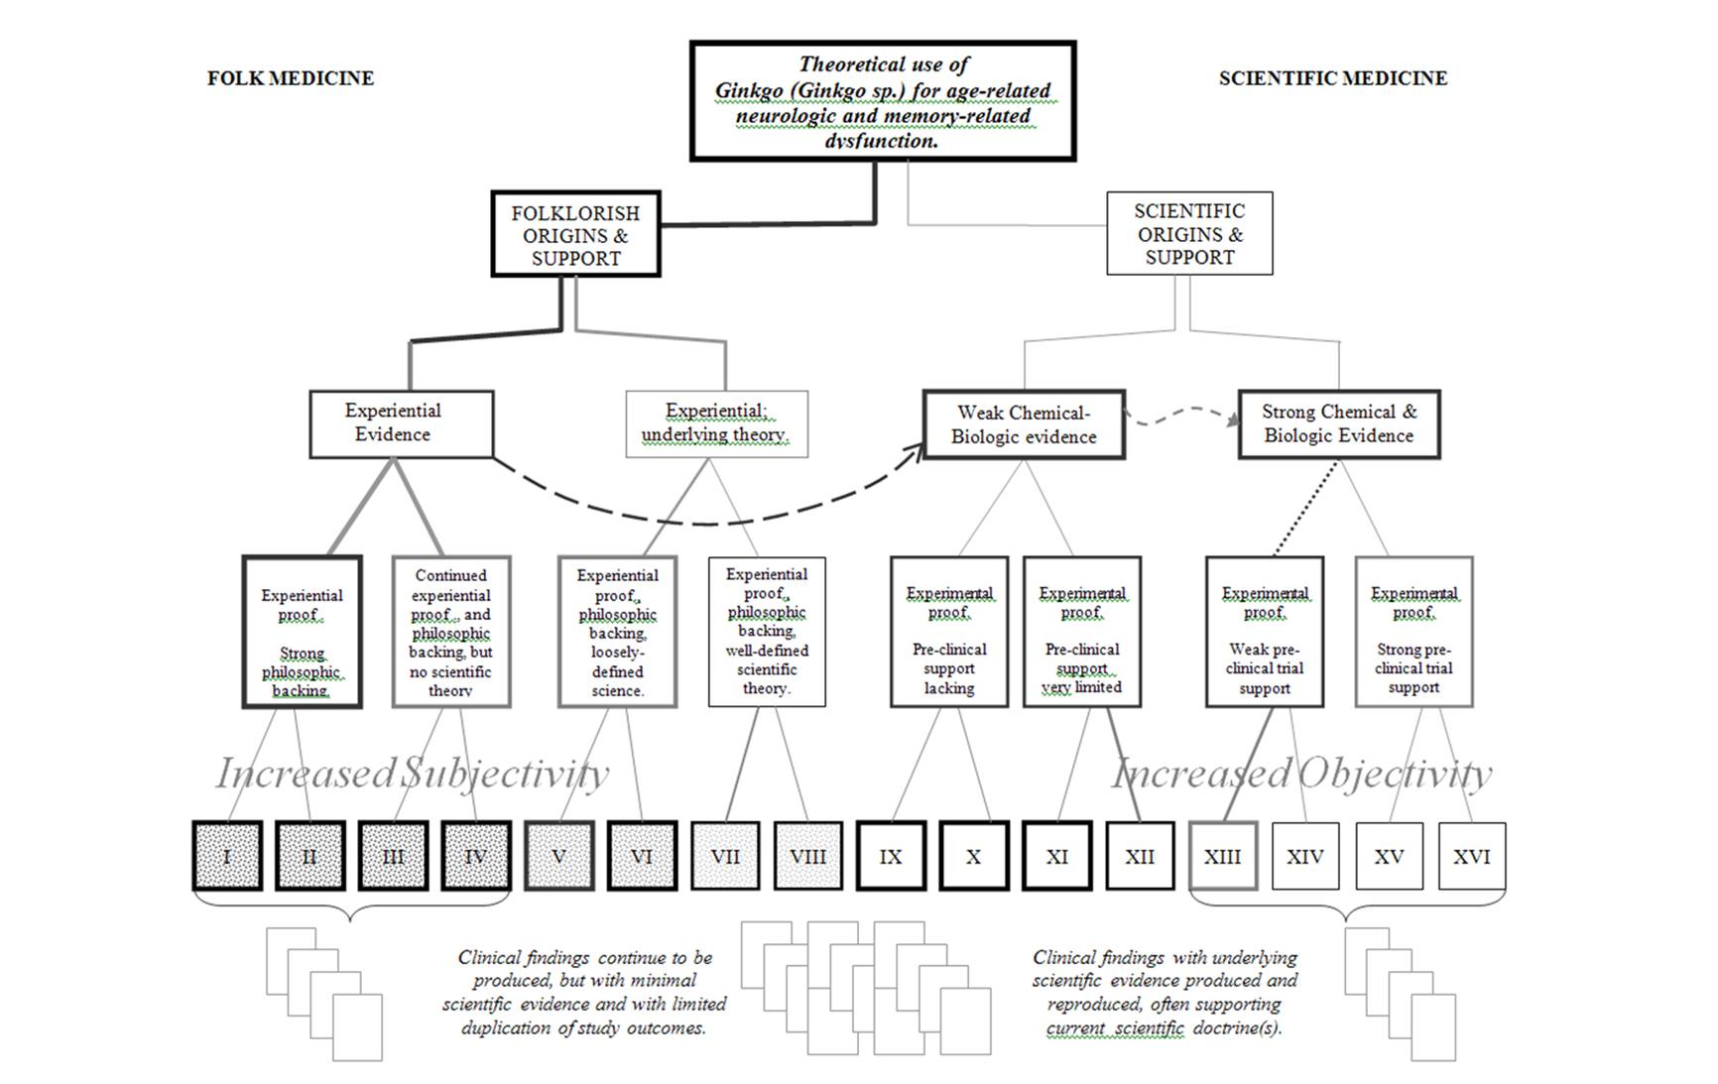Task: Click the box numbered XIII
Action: [x=1222, y=856]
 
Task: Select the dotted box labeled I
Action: [x=227, y=856]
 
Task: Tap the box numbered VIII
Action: [x=807, y=856]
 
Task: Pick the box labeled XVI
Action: [x=1471, y=856]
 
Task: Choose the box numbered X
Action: [x=973, y=856]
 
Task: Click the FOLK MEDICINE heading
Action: [x=290, y=78]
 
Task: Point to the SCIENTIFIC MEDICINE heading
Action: [x=1332, y=78]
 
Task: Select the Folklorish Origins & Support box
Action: [x=575, y=235]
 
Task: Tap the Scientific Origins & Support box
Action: [x=1189, y=234]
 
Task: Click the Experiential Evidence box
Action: [x=393, y=423]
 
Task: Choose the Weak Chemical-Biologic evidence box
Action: [x=1024, y=424]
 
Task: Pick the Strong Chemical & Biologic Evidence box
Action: [x=1339, y=424]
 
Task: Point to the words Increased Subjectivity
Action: [x=412, y=774]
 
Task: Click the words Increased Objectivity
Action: [x=1301, y=774]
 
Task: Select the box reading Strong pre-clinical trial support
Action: [x=1413, y=632]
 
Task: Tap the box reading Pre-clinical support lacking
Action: [x=949, y=632]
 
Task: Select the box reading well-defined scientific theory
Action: [x=767, y=632]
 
